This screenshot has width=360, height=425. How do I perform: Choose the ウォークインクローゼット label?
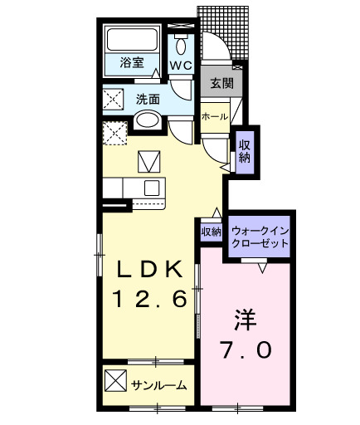click(x=260, y=237)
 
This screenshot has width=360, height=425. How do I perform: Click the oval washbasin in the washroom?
click(x=148, y=120)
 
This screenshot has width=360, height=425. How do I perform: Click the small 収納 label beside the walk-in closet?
click(x=211, y=232)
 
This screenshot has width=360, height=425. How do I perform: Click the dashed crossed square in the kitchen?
click(x=114, y=133)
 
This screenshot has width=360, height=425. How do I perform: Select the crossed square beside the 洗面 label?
click(x=114, y=100)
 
